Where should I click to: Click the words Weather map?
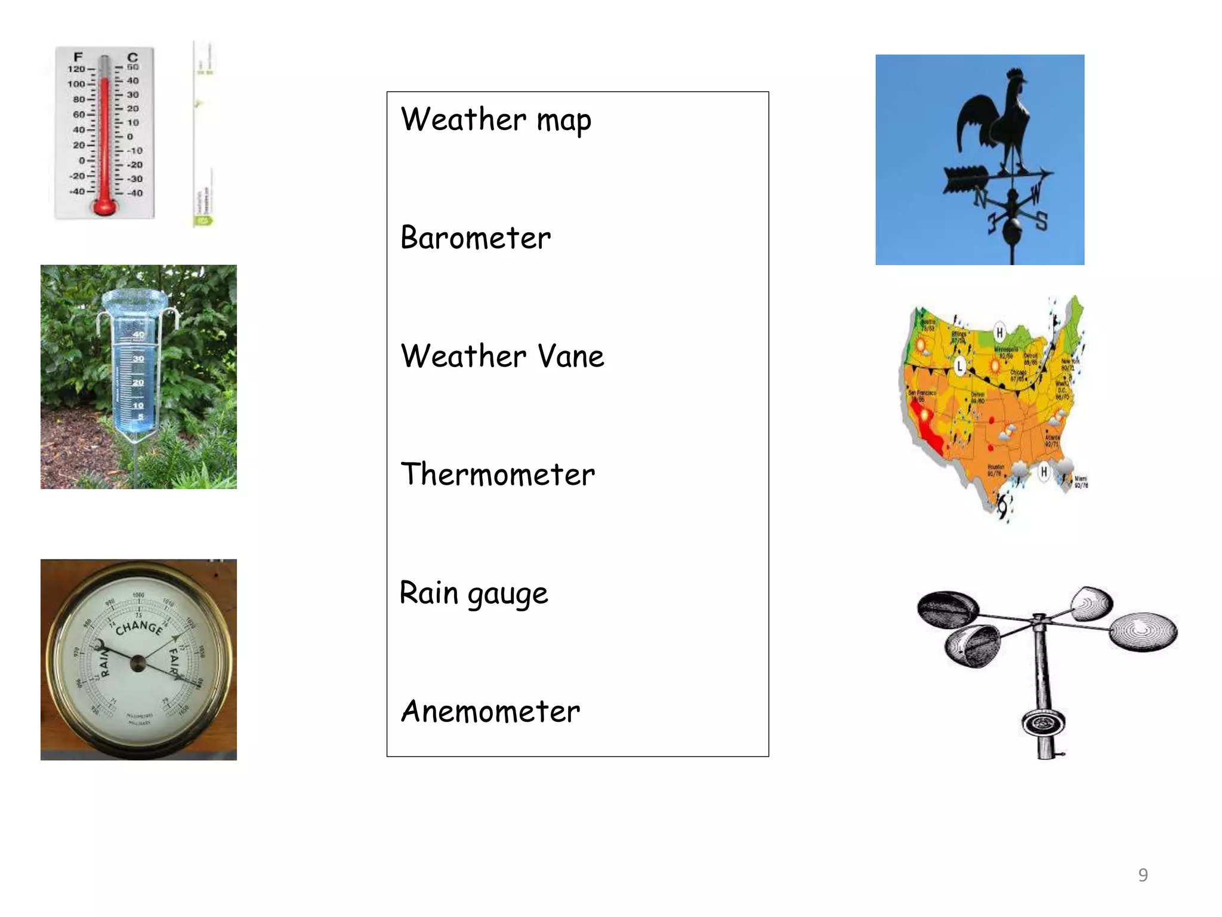click(x=496, y=119)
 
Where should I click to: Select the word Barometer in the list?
click(x=476, y=238)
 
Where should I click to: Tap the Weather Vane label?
click(x=502, y=356)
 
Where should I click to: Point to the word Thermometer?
click(x=498, y=475)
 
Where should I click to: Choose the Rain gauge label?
click(x=474, y=593)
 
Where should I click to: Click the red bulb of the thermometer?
click(x=104, y=207)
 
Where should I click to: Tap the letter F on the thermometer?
click(x=78, y=57)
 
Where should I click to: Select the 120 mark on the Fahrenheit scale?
click(x=76, y=69)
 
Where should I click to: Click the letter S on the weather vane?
click(x=1041, y=221)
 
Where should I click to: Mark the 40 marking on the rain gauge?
click(x=138, y=335)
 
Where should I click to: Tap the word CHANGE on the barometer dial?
click(x=139, y=627)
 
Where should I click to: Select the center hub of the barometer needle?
click(x=138, y=663)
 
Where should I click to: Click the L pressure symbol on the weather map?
click(x=959, y=365)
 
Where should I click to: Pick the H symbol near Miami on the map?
click(x=1044, y=472)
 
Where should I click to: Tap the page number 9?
click(x=1143, y=875)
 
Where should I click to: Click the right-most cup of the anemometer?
click(x=1143, y=630)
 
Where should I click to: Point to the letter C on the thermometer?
click(x=132, y=57)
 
